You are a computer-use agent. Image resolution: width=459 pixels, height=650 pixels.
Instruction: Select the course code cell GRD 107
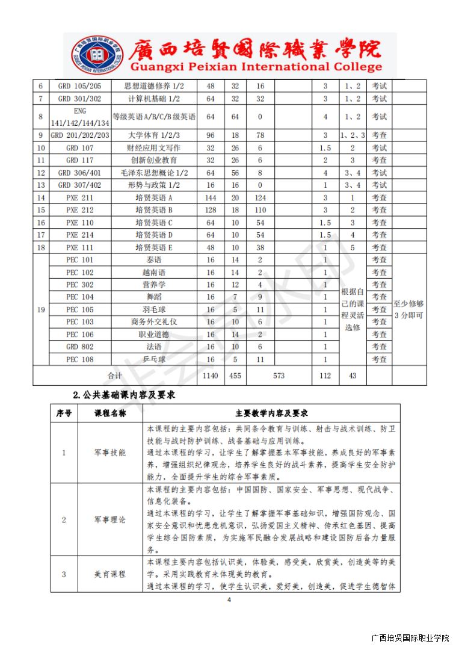click(x=80, y=148)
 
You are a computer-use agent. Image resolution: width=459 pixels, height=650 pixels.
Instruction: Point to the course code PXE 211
click(x=80, y=198)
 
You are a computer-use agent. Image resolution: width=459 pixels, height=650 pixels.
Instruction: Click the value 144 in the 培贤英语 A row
click(x=211, y=198)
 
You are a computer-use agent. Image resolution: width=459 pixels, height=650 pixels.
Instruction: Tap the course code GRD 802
click(x=80, y=347)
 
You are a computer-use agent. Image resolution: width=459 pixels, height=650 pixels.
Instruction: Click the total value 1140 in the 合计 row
click(x=211, y=376)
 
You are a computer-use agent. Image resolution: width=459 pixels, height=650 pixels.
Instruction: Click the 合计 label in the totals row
click(x=115, y=376)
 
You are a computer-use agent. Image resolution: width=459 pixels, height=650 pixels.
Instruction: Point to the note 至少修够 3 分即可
click(x=408, y=310)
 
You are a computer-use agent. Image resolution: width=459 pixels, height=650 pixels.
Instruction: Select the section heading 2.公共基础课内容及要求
click(x=124, y=395)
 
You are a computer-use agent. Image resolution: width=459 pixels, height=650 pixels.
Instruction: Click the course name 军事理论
click(x=111, y=519)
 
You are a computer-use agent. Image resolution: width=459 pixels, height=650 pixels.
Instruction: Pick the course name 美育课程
click(x=111, y=574)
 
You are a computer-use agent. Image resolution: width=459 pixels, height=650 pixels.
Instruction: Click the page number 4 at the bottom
click(x=229, y=600)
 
